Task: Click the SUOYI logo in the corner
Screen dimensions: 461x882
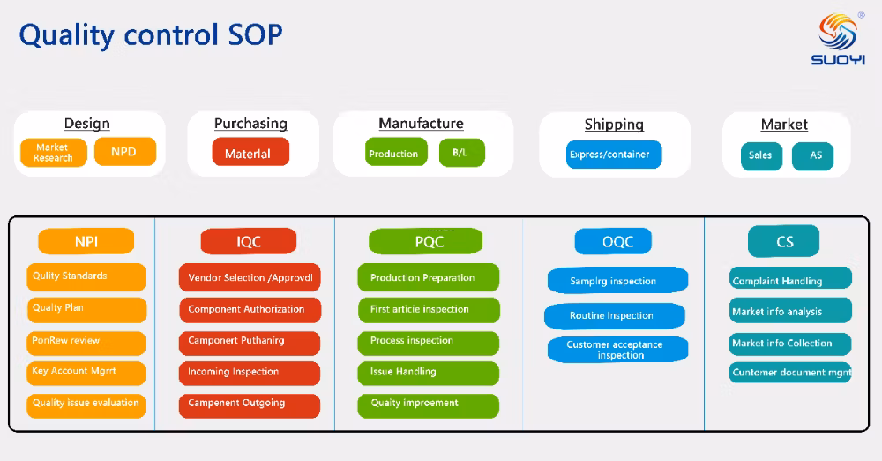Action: pyautogui.click(x=837, y=40)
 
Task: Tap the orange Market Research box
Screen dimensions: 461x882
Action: pyautogui.click(x=53, y=153)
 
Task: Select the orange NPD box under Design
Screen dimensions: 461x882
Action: pyautogui.click(x=124, y=152)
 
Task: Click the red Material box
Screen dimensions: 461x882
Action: pyautogui.click(x=250, y=153)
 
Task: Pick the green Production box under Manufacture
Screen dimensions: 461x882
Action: pyautogui.click(x=393, y=154)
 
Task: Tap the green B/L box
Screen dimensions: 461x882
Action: pyautogui.click(x=461, y=153)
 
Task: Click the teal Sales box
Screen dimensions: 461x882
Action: pyautogui.click(x=760, y=155)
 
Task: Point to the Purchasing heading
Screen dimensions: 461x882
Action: pyautogui.click(x=250, y=124)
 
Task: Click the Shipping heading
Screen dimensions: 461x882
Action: pyautogui.click(x=614, y=125)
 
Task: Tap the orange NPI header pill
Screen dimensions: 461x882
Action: pyautogui.click(x=86, y=241)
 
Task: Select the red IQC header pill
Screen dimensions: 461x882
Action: pyautogui.click(x=249, y=241)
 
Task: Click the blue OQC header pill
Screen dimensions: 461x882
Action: pyautogui.click(x=614, y=241)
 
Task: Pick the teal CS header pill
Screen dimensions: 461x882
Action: pyautogui.click(x=784, y=241)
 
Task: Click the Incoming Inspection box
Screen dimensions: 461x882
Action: pyautogui.click(x=249, y=373)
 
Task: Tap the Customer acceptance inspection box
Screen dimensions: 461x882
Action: pyautogui.click(x=615, y=350)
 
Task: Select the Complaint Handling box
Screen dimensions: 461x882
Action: pyautogui.click(x=789, y=281)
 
